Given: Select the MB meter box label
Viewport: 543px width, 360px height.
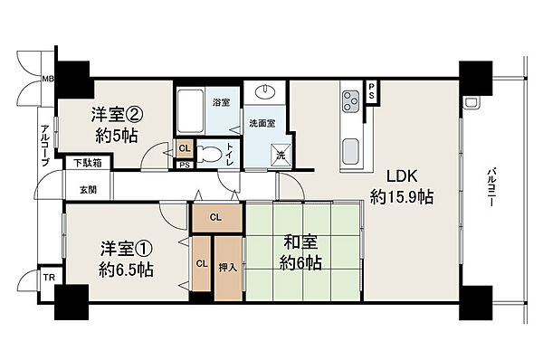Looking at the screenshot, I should pyautogui.click(x=48, y=80).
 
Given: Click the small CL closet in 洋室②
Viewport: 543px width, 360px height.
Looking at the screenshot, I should pyautogui.click(x=185, y=148).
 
